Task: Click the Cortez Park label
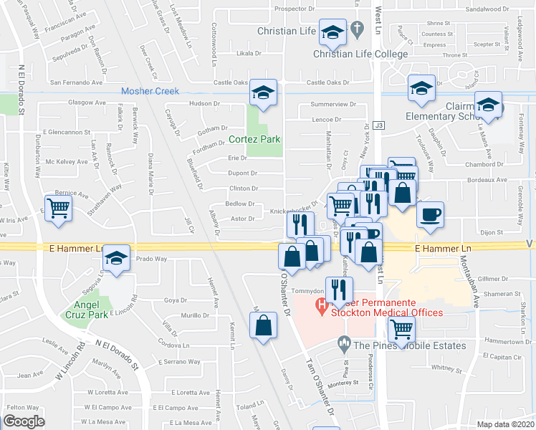tap(254, 139)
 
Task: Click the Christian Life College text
tap(360, 54)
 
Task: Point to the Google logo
tap(24, 421)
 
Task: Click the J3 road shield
tap(379, 125)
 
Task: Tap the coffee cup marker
tap(430, 214)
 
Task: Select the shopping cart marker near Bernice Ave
tap(58, 207)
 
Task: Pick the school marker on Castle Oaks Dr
tap(264, 92)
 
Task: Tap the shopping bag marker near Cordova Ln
tap(264, 325)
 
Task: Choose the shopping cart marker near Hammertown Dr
tap(401, 329)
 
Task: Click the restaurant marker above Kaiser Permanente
tap(339, 289)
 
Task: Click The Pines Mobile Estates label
tap(409, 345)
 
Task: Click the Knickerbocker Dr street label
tap(293, 211)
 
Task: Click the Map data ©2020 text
tap(505, 424)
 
